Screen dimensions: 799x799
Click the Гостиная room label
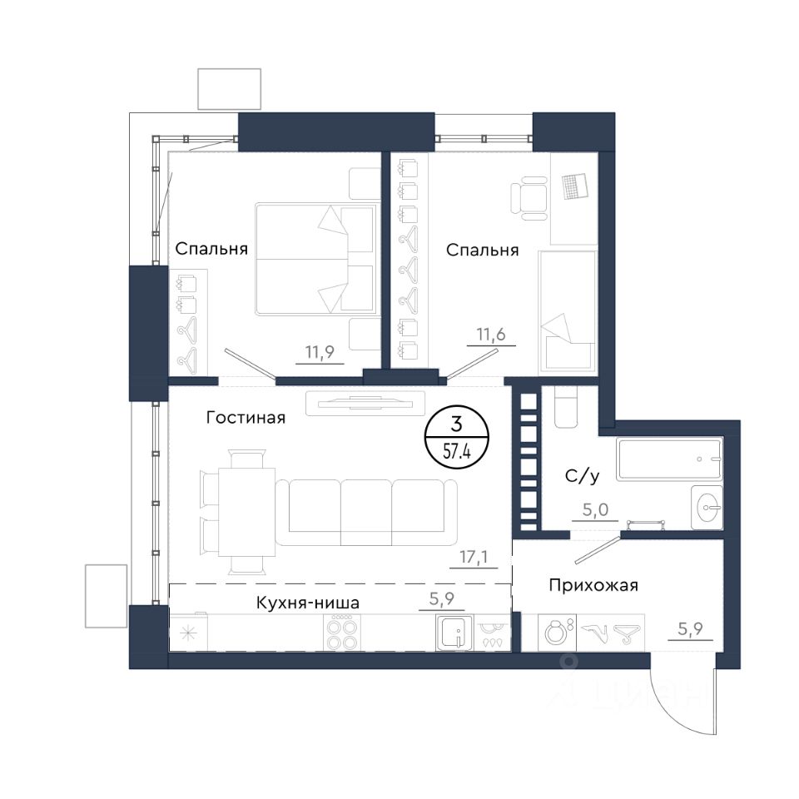click(246, 418)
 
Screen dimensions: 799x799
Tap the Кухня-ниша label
click(307, 603)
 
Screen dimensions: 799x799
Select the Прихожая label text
click(593, 585)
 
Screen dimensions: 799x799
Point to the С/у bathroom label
click(582, 476)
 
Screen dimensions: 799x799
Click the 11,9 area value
click(320, 352)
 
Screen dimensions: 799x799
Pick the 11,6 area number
click(491, 335)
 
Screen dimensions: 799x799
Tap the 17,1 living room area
click(474, 557)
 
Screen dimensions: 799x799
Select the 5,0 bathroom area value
click(595, 509)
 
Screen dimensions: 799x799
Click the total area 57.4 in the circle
click(457, 451)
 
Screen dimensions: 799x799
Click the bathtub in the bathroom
click(669, 459)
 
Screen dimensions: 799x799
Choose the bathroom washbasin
click(707, 507)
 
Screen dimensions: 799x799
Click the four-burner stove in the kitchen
click(342, 633)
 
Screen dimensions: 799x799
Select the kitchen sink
click(455, 633)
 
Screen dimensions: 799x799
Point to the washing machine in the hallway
click(557, 633)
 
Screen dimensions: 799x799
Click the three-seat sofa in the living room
click(366, 513)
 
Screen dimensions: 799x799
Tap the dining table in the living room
click(247, 512)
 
